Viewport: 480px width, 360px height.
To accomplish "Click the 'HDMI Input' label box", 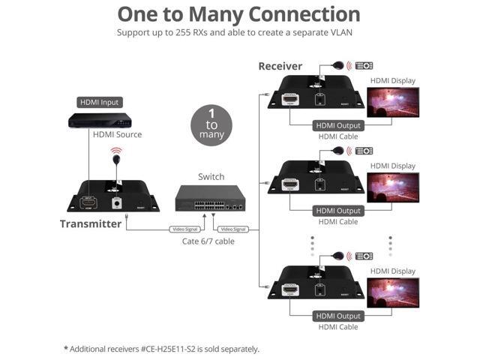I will [x=99, y=102].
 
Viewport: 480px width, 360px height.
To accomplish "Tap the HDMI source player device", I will [x=99, y=120].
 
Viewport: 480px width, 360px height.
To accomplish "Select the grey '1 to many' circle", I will [x=211, y=124].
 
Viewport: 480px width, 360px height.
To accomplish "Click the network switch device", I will [x=209, y=198].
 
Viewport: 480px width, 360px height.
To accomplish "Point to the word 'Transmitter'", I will [x=90, y=223].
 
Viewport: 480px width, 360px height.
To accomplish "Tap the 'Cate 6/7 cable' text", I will [x=208, y=241].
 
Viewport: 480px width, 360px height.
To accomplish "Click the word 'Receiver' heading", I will [x=280, y=66].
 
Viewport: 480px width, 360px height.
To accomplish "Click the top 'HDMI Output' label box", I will [x=338, y=125].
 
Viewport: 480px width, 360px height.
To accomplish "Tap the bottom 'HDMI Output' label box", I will [x=338, y=316].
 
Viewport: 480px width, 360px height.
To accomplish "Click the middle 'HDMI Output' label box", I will [x=338, y=211].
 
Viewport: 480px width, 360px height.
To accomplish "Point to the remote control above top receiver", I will [x=364, y=65].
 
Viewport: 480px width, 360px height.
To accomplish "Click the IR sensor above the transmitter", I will [x=116, y=160].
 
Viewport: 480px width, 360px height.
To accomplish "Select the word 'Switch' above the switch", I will [x=211, y=177].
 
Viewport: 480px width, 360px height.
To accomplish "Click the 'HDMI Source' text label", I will [x=117, y=135].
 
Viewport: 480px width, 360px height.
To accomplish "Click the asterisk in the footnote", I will [x=66, y=348].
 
